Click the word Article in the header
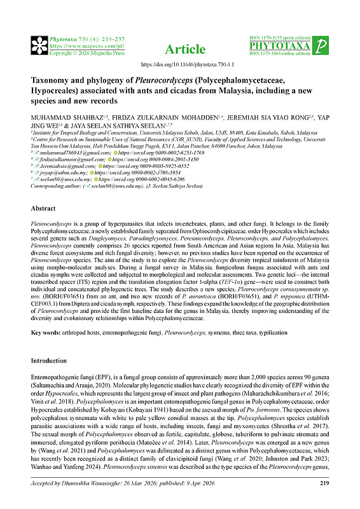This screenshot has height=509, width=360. (x=185, y=49)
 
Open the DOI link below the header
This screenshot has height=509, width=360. (x=179, y=65)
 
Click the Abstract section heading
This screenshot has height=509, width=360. (x=46, y=208)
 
